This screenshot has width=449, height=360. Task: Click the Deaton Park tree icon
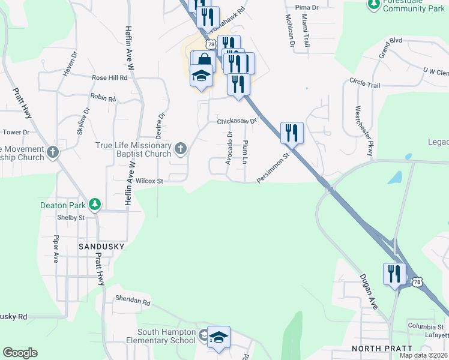pyautogui.click(x=94, y=205)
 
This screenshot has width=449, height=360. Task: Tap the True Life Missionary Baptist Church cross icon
pyautogui.click(x=180, y=148)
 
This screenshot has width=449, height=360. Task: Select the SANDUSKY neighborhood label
pyautogui.click(x=101, y=247)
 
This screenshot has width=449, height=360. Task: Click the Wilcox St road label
pyautogui.click(x=149, y=180)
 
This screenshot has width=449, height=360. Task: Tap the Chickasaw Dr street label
pyautogui.click(x=237, y=121)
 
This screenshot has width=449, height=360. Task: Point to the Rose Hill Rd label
pyautogui.click(x=110, y=78)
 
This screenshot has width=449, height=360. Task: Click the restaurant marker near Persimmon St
pyautogui.click(x=292, y=133)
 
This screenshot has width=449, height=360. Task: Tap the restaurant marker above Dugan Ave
pyautogui.click(x=394, y=274)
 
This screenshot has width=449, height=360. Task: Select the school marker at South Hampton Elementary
pyautogui.click(x=219, y=338)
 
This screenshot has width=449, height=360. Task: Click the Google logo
pyautogui.click(x=20, y=353)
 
